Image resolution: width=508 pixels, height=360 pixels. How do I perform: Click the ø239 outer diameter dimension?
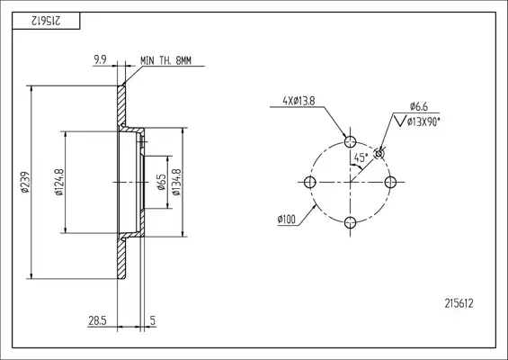(x=25, y=183)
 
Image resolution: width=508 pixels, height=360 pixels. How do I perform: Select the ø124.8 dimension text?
(x=59, y=183)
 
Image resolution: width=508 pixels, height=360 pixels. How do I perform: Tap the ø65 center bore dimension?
(x=161, y=183)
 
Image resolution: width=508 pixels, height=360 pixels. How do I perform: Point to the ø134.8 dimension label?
(x=176, y=183)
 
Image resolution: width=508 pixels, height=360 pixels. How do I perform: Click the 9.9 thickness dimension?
(x=100, y=59)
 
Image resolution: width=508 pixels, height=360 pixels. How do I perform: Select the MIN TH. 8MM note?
(x=165, y=60)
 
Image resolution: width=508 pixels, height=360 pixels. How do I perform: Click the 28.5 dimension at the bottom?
(x=97, y=320)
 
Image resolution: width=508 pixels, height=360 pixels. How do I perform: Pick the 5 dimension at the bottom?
(x=153, y=320)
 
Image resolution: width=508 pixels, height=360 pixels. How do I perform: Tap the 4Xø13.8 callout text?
(x=299, y=101)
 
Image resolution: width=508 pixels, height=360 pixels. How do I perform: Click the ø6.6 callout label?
(x=419, y=106)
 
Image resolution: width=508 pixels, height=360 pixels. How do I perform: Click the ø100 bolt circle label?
(x=287, y=220)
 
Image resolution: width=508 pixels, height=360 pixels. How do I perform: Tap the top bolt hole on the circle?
(x=350, y=141)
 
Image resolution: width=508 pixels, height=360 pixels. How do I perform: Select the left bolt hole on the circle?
(x=310, y=183)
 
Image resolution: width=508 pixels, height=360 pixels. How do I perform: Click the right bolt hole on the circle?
(x=390, y=183)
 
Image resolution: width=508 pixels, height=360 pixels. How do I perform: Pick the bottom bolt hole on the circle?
(x=350, y=222)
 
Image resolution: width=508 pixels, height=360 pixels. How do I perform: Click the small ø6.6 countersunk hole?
(x=379, y=153)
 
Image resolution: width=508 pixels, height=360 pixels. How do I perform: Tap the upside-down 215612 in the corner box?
(x=46, y=21)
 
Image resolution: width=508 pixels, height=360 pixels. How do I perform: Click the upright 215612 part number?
(x=459, y=303)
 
